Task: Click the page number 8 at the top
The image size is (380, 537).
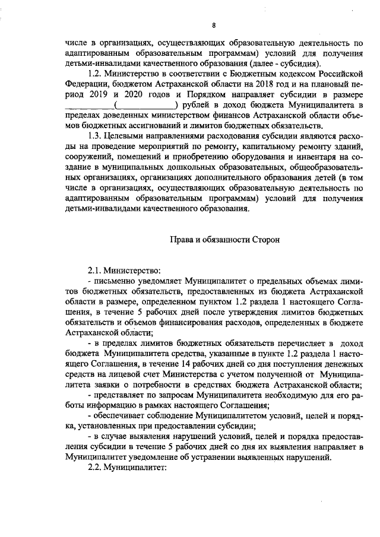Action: (x=213, y=24)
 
